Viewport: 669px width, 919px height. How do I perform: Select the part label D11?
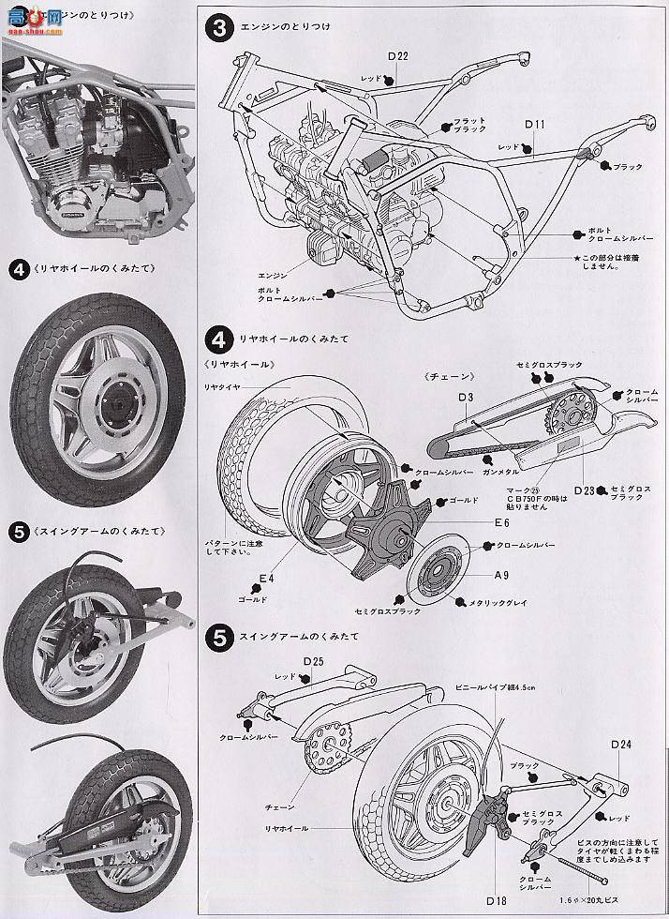[535, 124]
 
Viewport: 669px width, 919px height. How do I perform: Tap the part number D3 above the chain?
[466, 398]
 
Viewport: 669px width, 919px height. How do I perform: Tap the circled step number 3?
[218, 29]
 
